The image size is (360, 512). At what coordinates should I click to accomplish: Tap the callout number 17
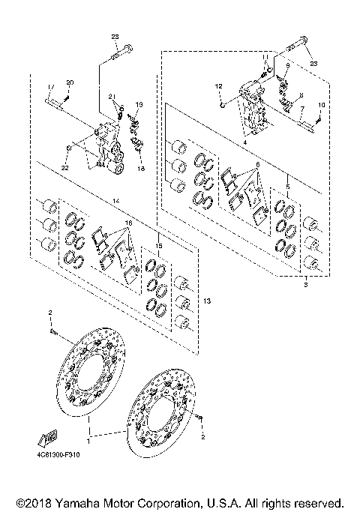[49, 82]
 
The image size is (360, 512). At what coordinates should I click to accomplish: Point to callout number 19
[139, 103]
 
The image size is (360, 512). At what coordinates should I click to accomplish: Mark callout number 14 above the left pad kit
[116, 200]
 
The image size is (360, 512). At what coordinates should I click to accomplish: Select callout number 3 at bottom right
[305, 285]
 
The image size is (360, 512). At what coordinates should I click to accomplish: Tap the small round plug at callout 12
[223, 103]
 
